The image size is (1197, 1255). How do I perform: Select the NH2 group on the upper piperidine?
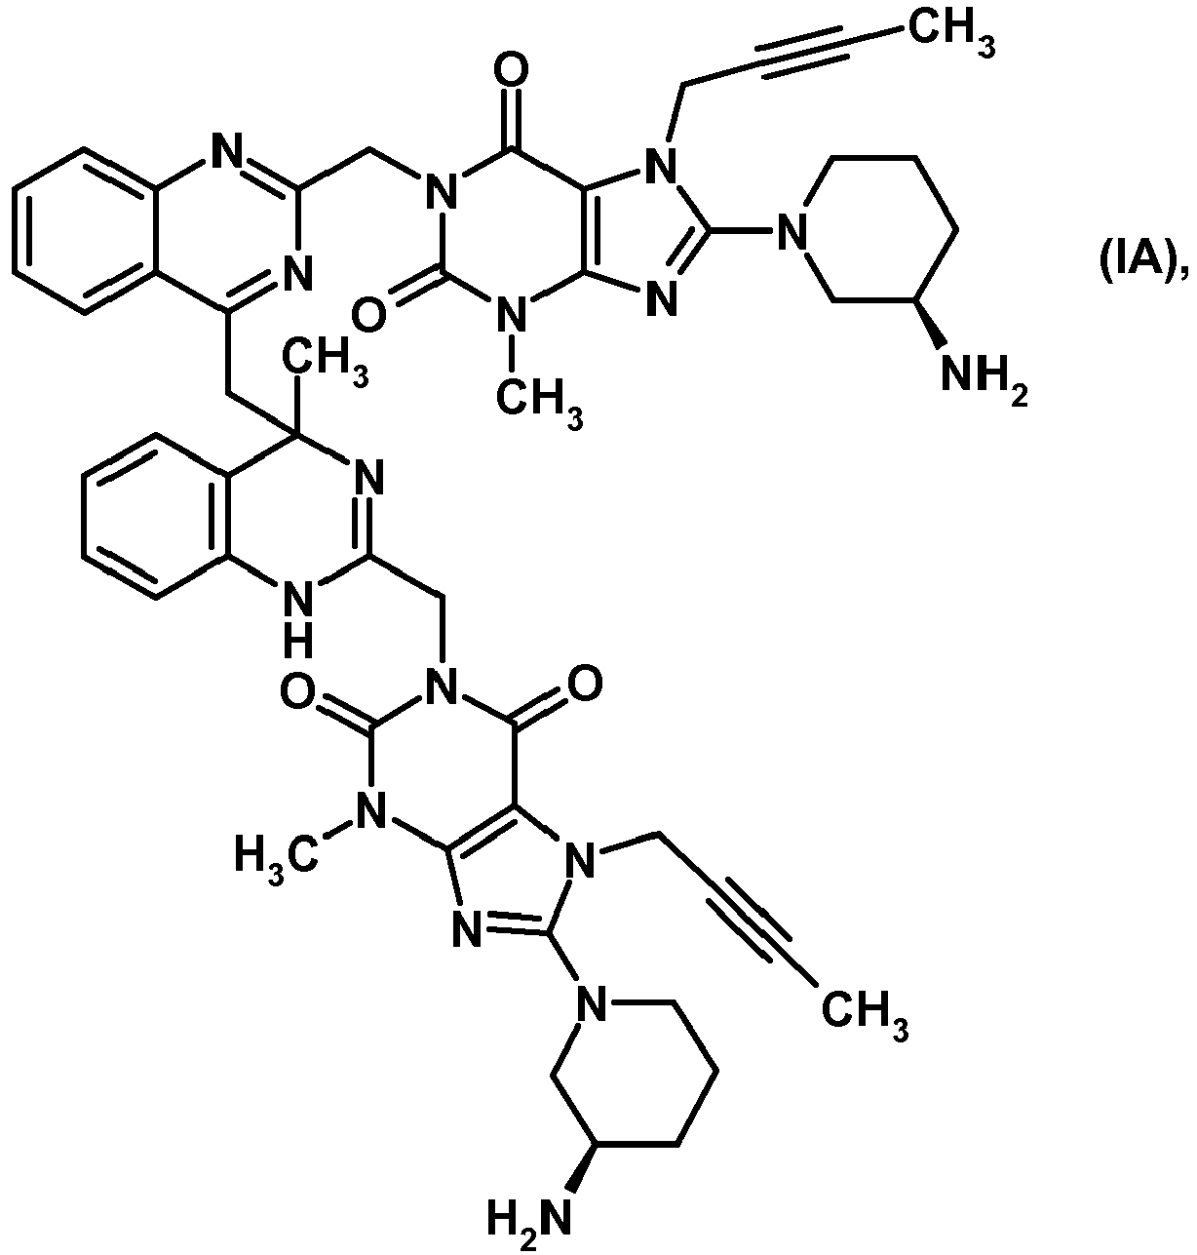[985, 379]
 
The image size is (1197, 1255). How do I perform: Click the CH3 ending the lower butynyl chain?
[865, 1013]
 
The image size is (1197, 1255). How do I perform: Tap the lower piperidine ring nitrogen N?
[589, 1004]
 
